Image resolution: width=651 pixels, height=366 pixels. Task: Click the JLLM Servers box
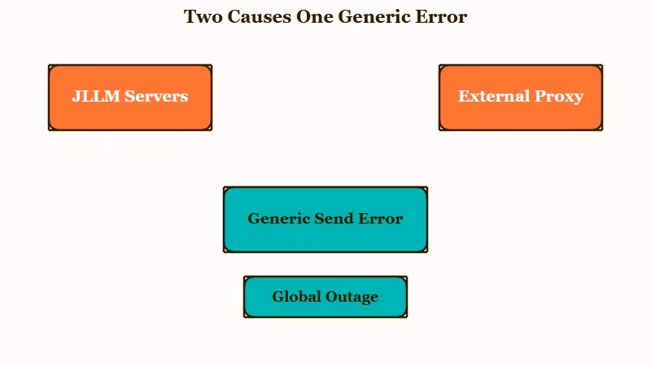[x=130, y=98]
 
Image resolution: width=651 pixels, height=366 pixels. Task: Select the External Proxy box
[x=521, y=98]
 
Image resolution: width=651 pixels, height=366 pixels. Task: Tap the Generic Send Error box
[x=325, y=220]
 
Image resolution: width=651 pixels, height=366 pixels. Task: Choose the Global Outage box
[x=325, y=297]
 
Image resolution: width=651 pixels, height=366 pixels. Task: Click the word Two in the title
[x=203, y=17]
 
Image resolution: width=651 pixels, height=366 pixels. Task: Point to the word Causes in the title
[x=260, y=17]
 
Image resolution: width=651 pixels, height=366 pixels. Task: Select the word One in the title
[x=315, y=17]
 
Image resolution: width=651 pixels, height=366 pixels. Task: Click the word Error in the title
[x=441, y=17]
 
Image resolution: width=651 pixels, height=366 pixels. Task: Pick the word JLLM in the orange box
[x=96, y=96]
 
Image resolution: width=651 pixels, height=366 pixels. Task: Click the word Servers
[x=156, y=96]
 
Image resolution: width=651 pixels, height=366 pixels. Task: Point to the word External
[x=494, y=96]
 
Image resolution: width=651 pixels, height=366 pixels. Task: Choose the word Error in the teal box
[x=381, y=219]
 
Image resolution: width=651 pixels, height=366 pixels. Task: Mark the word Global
[x=296, y=297]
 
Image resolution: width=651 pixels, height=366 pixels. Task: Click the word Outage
[x=352, y=298]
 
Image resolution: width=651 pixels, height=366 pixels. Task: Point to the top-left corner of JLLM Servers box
[x=49, y=65]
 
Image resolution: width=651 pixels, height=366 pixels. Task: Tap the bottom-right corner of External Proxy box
[x=602, y=130]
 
